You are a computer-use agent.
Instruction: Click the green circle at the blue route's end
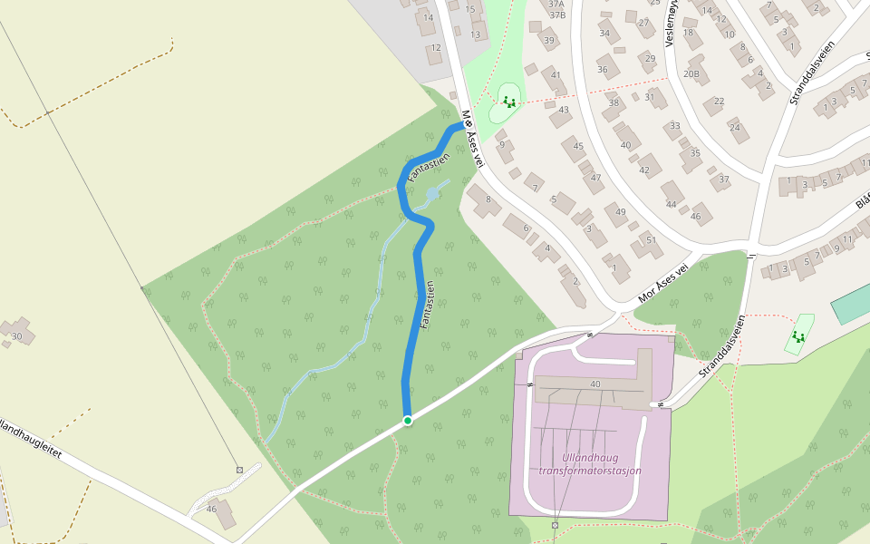coord(408,421)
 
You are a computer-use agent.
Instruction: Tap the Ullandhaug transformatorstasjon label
coord(589,464)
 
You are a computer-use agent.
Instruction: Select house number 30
coord(16,336)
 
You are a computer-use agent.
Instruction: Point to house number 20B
coord(691,73)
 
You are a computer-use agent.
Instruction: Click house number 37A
coord(556,4)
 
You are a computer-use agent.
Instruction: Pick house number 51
coord(650,240)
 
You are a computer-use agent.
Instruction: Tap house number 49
coord(620,212)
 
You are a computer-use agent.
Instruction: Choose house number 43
coord(564,110)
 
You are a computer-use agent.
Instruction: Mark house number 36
coord(603,69)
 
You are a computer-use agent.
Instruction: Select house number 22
coord(719,101)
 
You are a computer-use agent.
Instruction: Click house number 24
coord(733,127)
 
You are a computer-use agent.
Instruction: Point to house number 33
coord(674,125)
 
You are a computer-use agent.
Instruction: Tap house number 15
coord(469,9)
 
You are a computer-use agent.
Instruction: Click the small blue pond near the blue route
coord(433,194)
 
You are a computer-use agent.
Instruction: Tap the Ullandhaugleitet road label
coord(32,441)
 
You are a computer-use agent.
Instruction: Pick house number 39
coord(548,41)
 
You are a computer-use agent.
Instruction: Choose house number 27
coord(644,23)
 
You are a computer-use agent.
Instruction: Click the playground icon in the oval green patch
coord(508,102)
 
